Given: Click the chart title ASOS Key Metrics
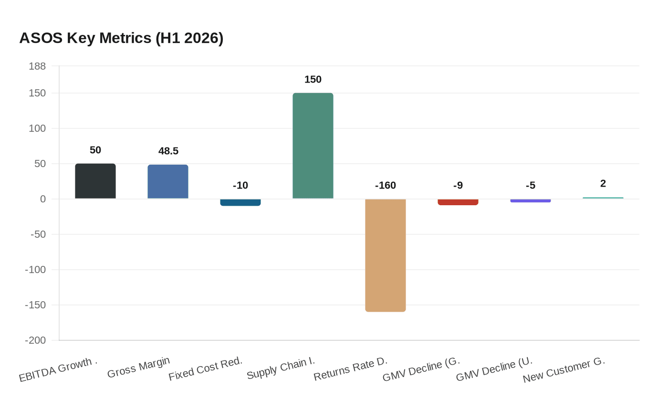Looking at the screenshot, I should click(121, 38).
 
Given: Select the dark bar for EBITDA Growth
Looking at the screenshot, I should click(95, 181).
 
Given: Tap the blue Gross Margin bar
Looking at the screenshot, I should click(168, 181).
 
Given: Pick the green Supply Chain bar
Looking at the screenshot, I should click(313, 146).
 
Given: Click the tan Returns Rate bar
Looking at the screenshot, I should click(386, 255).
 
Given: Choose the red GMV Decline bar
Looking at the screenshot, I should click(458, 202).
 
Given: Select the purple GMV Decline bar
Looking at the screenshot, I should click(531, 200).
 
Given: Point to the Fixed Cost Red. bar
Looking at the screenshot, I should click(240, 202).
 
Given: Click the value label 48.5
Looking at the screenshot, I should click(168, 151).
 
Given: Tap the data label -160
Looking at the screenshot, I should click(386, 186).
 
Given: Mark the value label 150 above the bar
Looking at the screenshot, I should click(313, 80).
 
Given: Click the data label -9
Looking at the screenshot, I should click(458, 186).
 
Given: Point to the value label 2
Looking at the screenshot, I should click(603, 184).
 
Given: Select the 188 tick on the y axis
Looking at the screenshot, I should click(37, 66).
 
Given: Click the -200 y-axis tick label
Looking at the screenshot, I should click(35, 340).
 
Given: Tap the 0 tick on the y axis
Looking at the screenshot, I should click(43, 199).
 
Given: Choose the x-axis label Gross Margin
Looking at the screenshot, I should click(138, 367).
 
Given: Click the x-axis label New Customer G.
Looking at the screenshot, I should click(564, 370).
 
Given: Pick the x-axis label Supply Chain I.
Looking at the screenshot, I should click(281, 369).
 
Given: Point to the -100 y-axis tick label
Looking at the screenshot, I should click(35, 270).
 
